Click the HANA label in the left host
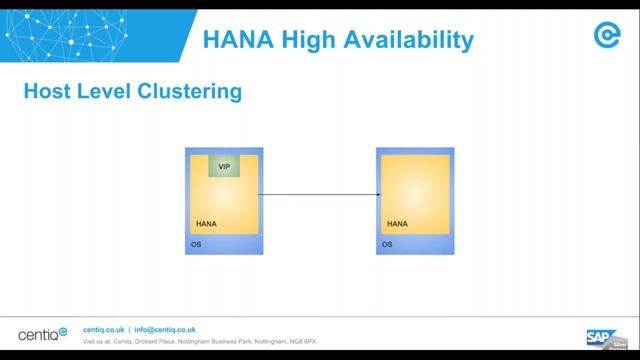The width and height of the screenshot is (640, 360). click(x=206, y=224)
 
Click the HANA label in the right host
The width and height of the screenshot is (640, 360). click(x=397, y=224)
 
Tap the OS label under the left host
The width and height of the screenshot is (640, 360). click(x=196, y=244)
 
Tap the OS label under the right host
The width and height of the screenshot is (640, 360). click(x=387, y=244)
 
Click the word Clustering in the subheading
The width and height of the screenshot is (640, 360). click(x=193, y=93)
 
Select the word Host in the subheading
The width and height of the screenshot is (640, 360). click(x=45, y=93)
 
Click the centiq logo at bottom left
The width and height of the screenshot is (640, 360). click(x=43, y=333)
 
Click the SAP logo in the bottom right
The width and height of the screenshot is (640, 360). click(x=600, y=335)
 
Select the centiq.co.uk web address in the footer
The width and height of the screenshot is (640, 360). click(x=103, y=329)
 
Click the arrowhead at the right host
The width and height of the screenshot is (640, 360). click(x=375, y=195)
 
